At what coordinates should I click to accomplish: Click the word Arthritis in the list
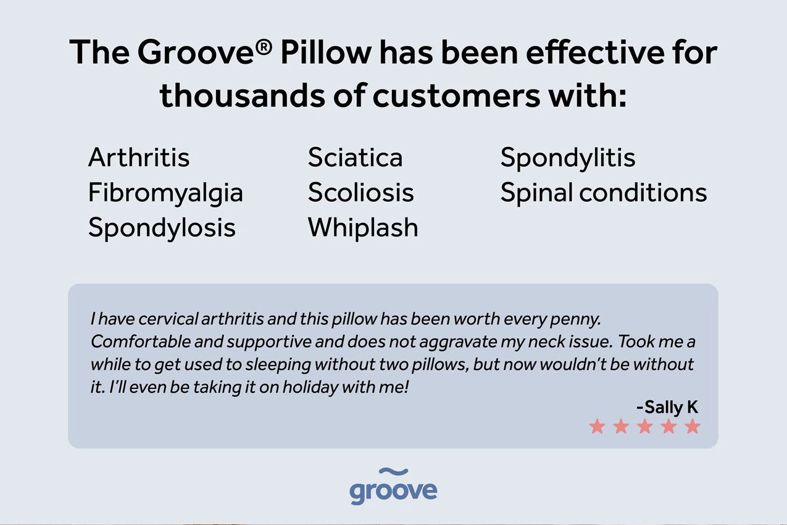139,157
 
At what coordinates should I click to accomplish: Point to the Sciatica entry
355,157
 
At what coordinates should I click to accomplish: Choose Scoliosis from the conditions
361,192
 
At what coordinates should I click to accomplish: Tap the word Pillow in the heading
326,52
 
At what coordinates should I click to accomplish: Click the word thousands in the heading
243,95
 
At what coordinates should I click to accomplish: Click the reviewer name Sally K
667,407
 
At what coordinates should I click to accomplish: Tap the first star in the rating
598,426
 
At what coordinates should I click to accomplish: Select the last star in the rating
693,426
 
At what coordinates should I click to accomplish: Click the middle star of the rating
645,426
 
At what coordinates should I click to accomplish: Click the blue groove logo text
394,491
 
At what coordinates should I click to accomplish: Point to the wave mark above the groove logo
394,471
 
